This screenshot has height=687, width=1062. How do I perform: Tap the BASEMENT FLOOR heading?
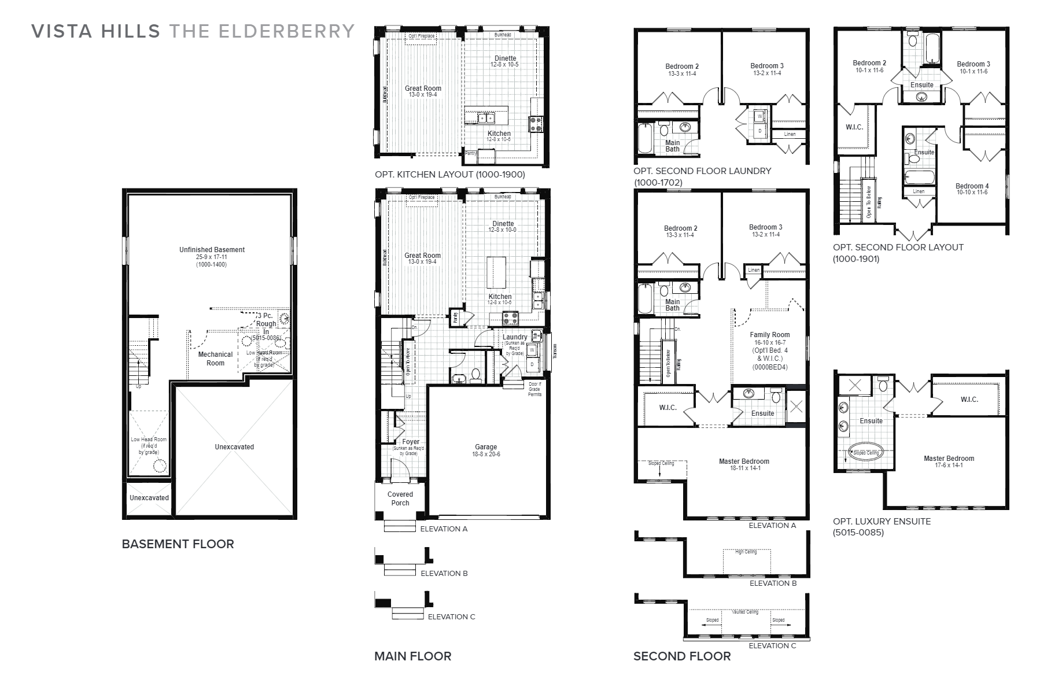(x=178, y=544)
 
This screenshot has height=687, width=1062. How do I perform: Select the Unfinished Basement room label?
(x=212, y=250)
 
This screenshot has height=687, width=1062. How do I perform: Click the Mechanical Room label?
(x=215, y=359)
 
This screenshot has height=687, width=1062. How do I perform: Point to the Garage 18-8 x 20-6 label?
(x=486, y=450)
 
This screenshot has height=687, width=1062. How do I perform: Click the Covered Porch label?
(x=400, y=498)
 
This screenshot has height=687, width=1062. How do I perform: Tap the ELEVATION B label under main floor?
(x=444, y=573)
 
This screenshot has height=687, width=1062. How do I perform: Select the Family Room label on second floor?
(x=769, y=335)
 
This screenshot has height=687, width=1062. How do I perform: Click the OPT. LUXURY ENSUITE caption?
(x=882, y=521)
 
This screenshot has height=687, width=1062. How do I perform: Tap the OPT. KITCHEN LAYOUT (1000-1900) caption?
(x=449, y=174)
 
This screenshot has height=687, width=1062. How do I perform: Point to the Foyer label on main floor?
(x=411, y=442)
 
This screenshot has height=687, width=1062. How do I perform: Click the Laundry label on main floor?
(x=514, y=337)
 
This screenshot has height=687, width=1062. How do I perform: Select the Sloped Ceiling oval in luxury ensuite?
(x=866, y=452)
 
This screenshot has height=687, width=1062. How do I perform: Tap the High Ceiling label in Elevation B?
(x=746, y=552)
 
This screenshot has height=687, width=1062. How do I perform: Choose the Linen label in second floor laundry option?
(x=790, y=134)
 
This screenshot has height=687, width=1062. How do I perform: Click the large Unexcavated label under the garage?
(x=234, y=447)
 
